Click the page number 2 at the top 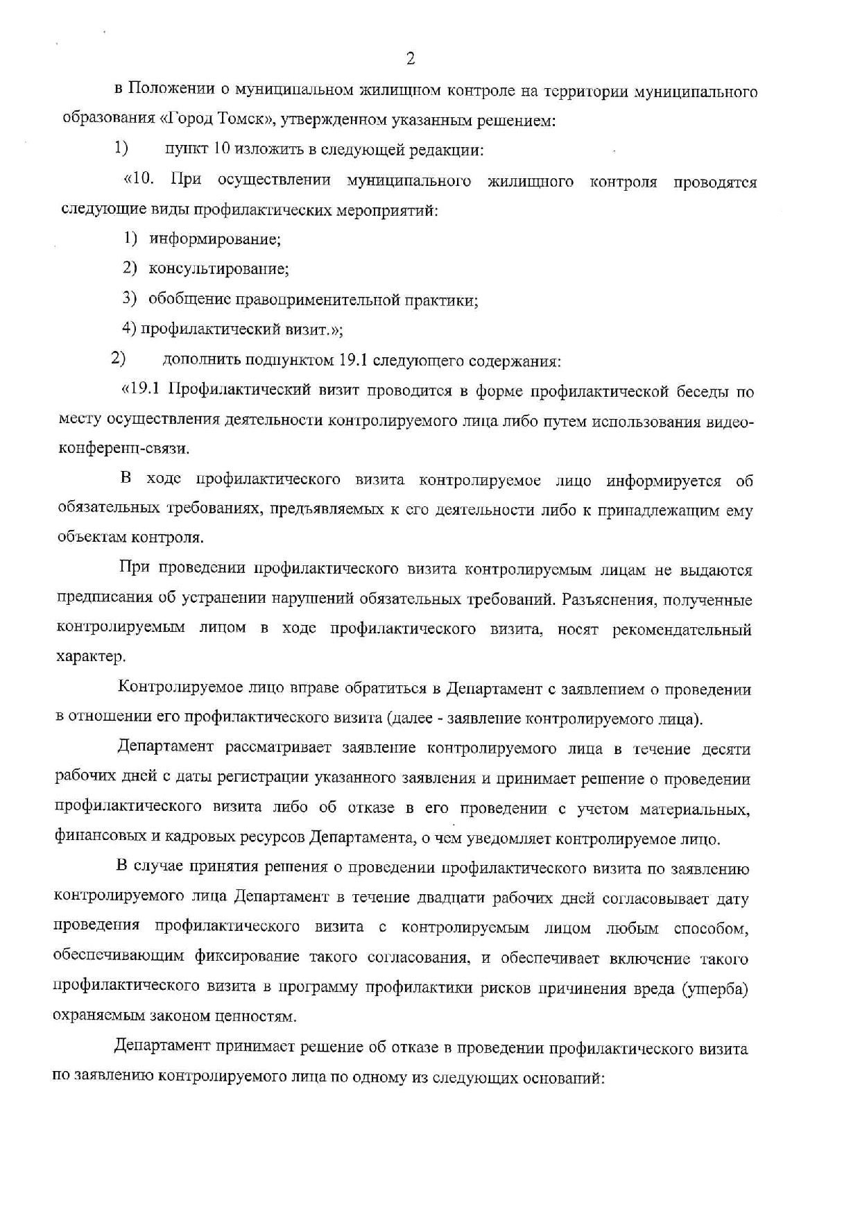pyautogui.click(x=410, y=59)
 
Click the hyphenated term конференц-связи pyautogui.click(x=123, y=449)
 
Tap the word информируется pyautogui.click(x=664, y=481)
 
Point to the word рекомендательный pyautogui.click(x=682, y=630)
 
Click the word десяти pyautogui.click(x=726, y=749)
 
